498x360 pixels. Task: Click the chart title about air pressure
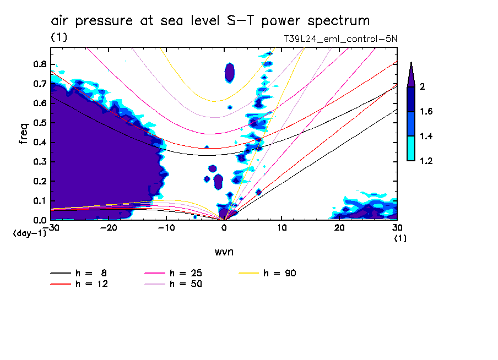point(210,21)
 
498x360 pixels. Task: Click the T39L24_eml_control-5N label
point(338,39)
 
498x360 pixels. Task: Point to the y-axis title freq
point(23,134)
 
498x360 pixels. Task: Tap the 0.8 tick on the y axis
point(40,64)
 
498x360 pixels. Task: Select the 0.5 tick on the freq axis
point(40,122)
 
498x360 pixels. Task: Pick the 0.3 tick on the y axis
point(40,161)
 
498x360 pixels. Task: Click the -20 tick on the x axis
point(109,228)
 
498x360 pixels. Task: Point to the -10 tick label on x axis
point(166,228)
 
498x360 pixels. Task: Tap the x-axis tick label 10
point(282,228)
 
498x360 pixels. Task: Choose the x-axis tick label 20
point(339,228)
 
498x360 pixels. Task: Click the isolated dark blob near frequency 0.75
point(230,72)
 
